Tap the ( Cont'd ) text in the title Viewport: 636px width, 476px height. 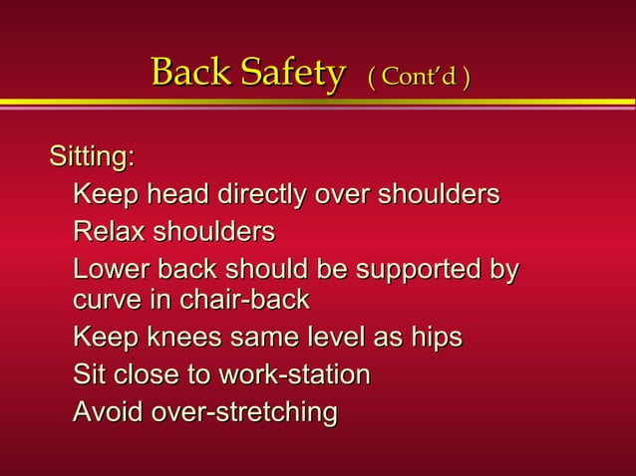[x=419, y=76]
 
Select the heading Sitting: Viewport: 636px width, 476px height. [x=93, y=157]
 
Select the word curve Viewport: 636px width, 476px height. [x=104, y=300]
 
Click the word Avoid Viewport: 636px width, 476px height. [x=107, y=411]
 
